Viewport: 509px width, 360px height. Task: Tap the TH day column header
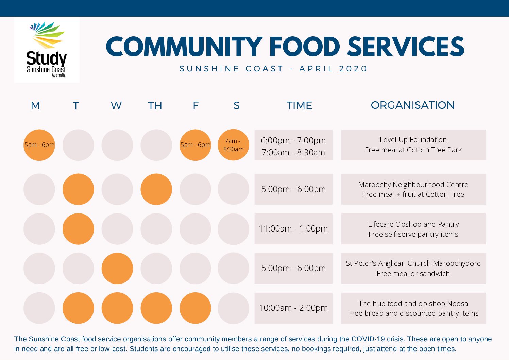tap(155, 106)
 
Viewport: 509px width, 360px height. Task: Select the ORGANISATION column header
tap(412, 105)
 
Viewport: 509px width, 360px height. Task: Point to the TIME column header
tap(299, 105)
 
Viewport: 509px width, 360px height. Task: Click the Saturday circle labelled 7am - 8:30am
tap(233, 145)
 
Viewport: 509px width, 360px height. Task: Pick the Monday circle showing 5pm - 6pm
tap(39, 145)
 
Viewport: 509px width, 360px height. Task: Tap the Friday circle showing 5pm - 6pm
tap(195, 145)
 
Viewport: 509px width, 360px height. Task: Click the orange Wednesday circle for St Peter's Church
tap(117, 268)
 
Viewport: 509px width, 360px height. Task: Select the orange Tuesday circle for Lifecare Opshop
tap(78, 229)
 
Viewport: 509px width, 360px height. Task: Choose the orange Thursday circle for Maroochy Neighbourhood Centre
tap(156, 189)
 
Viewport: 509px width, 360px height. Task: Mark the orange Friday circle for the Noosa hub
tap(195, 308)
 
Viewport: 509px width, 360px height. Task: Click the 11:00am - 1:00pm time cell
tap(293, 229)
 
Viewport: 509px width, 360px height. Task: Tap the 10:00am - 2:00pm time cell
tap(293, 308)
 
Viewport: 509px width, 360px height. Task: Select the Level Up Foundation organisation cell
tap(413, 145)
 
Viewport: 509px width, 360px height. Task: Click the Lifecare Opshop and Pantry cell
tap(413, 229)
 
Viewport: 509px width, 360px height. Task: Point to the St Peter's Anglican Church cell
tap(413, 268)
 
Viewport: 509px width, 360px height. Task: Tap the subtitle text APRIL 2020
tap(333, 69)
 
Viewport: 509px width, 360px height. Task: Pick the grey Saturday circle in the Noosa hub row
tap(233, 308)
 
